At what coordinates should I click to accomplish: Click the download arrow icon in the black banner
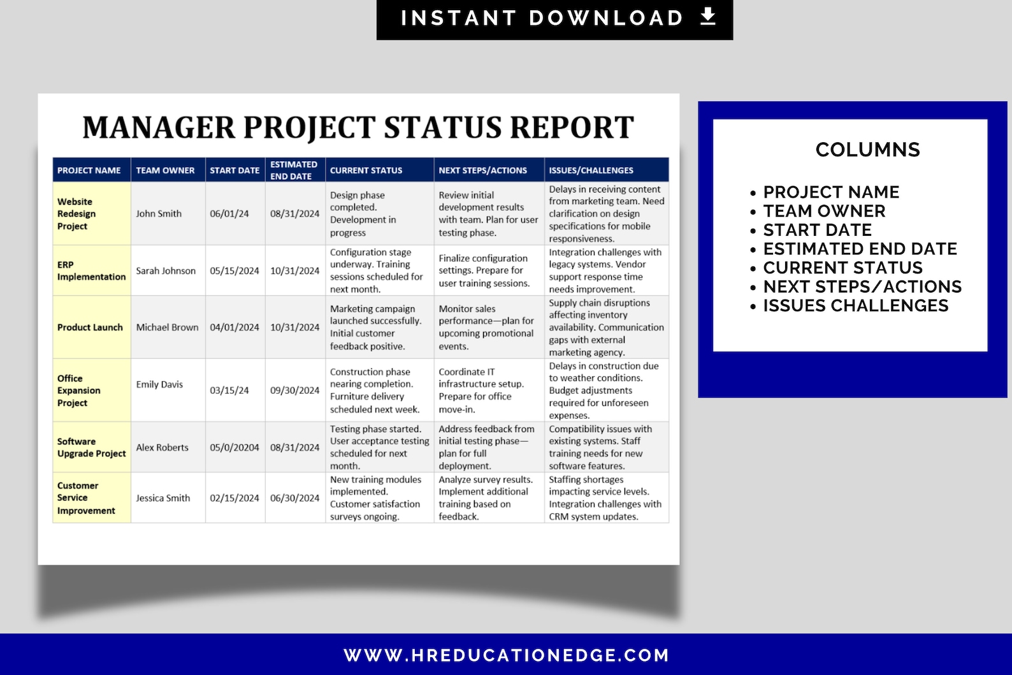(707, 17)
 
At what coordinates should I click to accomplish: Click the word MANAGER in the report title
(159, 127)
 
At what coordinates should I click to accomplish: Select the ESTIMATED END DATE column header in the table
(294, 170)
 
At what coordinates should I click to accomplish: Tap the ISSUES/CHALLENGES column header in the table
(591, 170)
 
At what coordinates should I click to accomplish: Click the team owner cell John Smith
(159, 214)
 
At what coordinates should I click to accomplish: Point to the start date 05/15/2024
(235, 271)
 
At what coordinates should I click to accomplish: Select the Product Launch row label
(90, 327)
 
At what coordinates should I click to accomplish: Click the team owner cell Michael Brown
(167, 327)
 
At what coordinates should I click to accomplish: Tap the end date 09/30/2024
(294, 390)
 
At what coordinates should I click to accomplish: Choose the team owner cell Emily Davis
(159, 384)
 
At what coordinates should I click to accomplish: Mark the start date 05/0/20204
(235, 447)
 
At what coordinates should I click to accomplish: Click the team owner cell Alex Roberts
(162, 447)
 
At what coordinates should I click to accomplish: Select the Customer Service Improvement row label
(86, 498)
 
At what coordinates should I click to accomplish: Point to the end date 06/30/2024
(294, 498)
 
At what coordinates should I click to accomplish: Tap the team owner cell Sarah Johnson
(166, 271)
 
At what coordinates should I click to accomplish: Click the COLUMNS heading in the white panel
(867, 150)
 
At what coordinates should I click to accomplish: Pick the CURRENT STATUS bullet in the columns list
(842, 268)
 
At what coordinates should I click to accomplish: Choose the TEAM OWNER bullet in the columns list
(824, 211)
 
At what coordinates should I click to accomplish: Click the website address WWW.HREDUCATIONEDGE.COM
(506, 655)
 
